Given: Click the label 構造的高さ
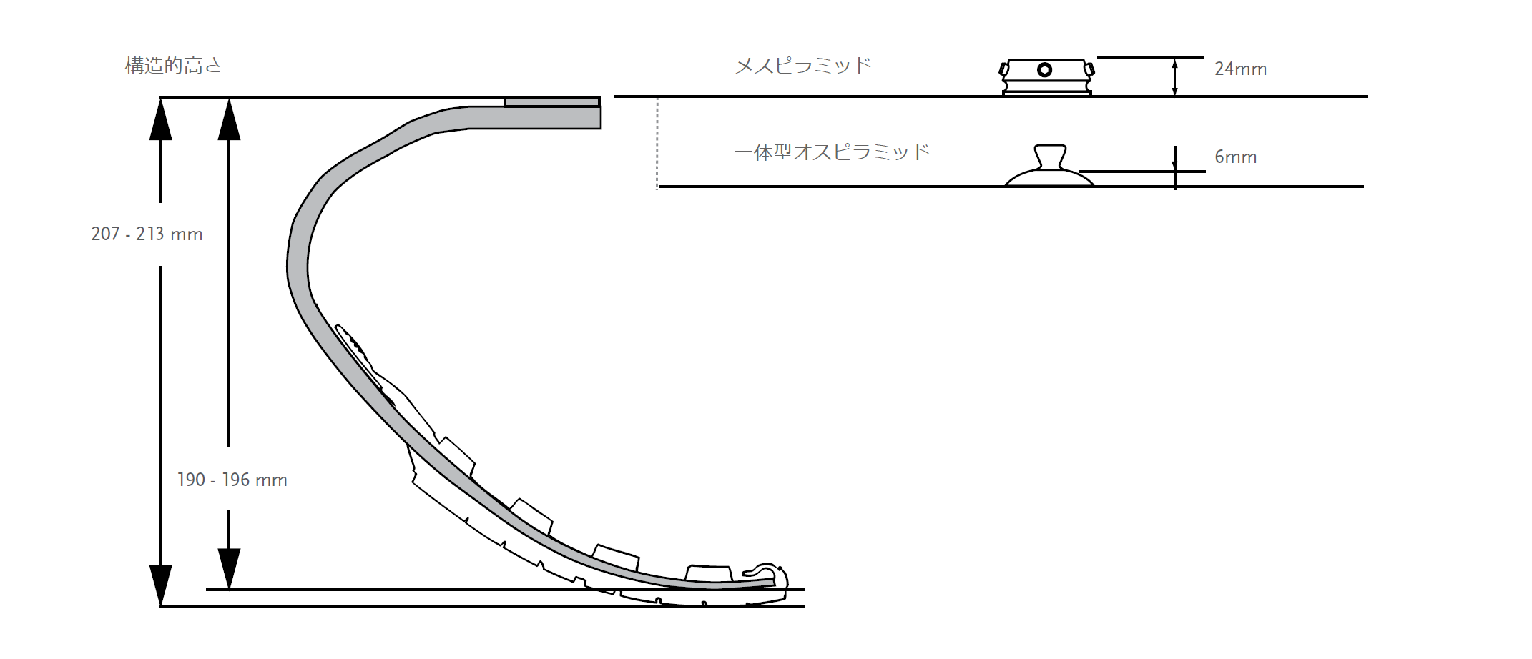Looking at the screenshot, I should [x=174, y=66].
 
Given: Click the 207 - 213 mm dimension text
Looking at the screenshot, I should [x=147, y=234].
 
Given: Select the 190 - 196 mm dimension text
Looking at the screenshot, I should [x=232, y=480].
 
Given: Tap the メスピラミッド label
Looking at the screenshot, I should [x=802, y=66].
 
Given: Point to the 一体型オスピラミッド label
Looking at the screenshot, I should [x=831, y=152].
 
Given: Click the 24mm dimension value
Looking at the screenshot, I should [x=1240, y=69].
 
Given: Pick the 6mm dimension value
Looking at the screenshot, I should [x=1235, y=157].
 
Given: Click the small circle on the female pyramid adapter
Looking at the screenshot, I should [x=1044, y=70].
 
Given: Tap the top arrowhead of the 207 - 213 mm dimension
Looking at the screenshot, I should [x=160, y=118].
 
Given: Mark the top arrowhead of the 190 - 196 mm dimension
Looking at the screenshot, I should [x=229, y=118].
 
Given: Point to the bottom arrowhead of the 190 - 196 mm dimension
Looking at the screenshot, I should [x=229, y=569].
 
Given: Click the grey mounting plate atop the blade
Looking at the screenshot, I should [x=551, y=103].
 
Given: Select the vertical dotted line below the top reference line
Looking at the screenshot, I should [x=657, y=143].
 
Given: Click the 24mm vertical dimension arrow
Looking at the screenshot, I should [x=1174, y=77].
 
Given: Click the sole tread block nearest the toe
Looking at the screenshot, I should [x=708, y=573].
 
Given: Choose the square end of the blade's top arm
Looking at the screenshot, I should [x=595, y=117].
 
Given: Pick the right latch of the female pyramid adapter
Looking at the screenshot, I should [x=1089, y=69].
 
